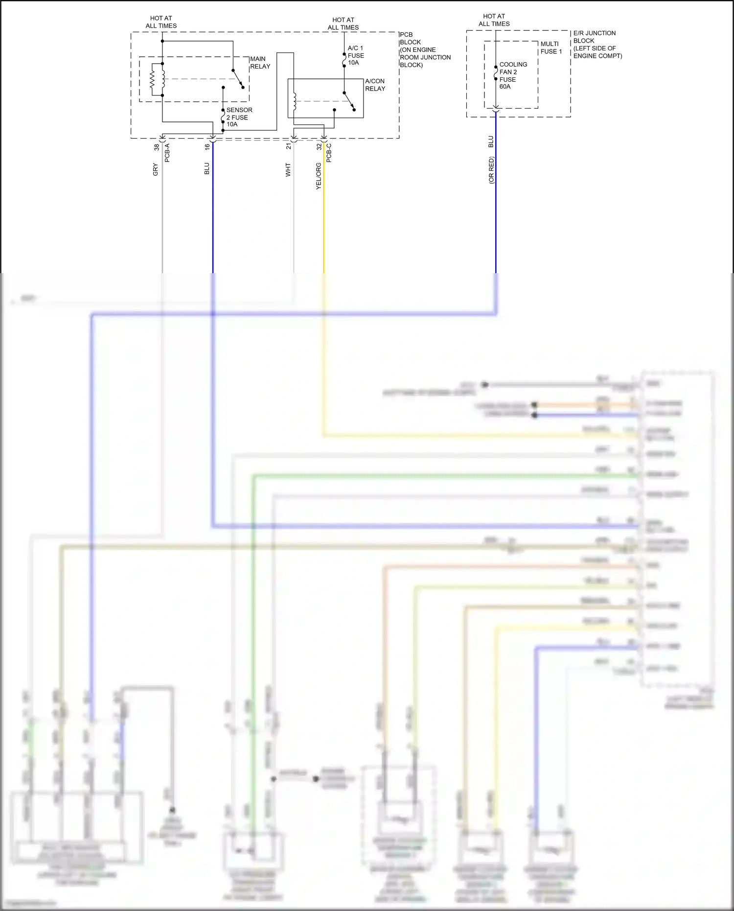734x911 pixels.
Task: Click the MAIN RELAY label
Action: click(x=260, y=63)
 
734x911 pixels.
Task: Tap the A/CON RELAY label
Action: click(x=375, y=85)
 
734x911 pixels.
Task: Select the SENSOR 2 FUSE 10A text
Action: click(x=239, y=117)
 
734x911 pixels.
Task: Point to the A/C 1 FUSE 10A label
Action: click(x=355, y=55)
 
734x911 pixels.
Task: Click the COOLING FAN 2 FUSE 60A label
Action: click(x=513, y=75)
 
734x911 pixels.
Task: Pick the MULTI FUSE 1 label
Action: click(x=551, y=47)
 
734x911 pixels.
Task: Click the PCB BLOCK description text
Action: click(x=424, y=49)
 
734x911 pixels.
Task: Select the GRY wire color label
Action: click(x=156, y=169)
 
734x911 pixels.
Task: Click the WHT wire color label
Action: click(x=288, y=169)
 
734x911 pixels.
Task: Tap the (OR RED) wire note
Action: click(x=491, y=170)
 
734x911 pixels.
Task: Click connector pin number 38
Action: click(x=157, y=147)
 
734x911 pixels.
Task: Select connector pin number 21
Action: click(x=289, y=146)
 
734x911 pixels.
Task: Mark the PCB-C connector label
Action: click(x=329, y=153)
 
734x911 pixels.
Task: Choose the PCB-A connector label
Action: click(x=167, y=153)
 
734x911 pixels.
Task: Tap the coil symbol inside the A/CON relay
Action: click(x=295, y=101)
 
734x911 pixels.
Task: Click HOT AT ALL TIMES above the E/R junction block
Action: click(x=494, y=20)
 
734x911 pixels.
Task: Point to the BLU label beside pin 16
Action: click(x=207, y=168)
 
